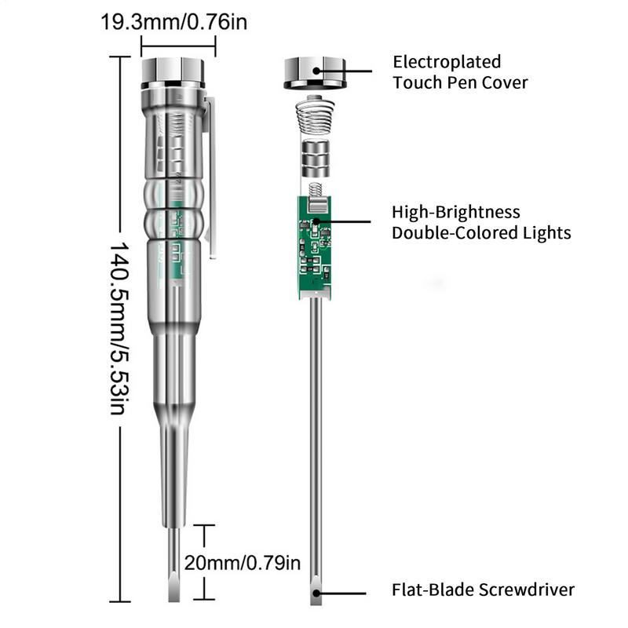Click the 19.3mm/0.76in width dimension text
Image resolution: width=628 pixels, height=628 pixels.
pyautogui.click(x=173, y=21)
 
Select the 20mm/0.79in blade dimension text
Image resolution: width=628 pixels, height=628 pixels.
pyautogui.click(x=243, y=562)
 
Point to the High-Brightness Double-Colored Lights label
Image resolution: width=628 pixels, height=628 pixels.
pyautogui.click(x=481, y=222)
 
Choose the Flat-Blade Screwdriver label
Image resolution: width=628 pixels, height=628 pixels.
pyautogui.click(x=484, y=590)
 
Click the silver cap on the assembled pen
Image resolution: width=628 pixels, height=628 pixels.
pyautogui.click(x=173, y=73)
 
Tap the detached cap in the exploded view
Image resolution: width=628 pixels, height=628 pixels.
pyautogui.click(x=314, y=72)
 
